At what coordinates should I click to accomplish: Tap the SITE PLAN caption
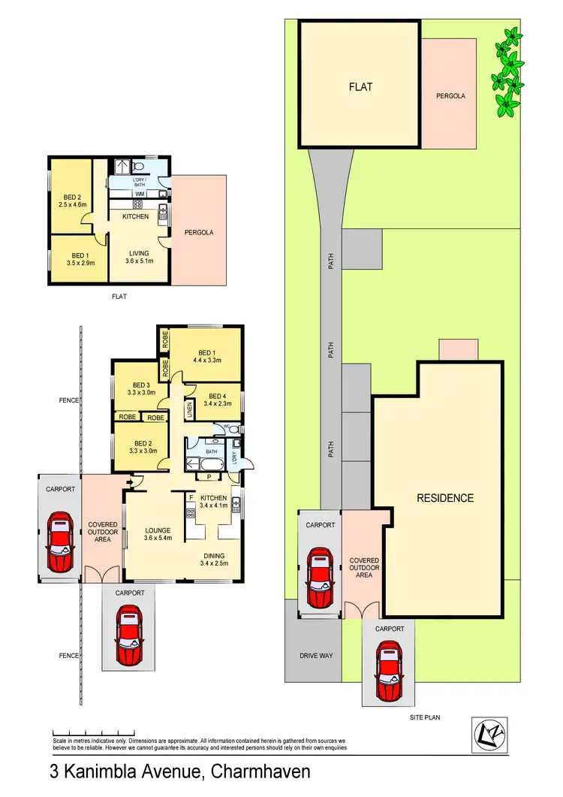tap(424, 717)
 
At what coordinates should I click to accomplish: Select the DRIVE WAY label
tap(315, 655)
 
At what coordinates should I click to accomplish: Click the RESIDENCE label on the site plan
tap(445, 497)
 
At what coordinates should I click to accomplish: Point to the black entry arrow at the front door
tap(130, 482)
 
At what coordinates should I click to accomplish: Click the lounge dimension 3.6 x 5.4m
tap(158, 539)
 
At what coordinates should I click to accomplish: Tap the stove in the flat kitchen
tap(138, 204)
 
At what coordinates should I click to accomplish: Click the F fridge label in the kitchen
tap(191, 497)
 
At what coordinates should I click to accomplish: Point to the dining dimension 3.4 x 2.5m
tap(214, 563)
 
